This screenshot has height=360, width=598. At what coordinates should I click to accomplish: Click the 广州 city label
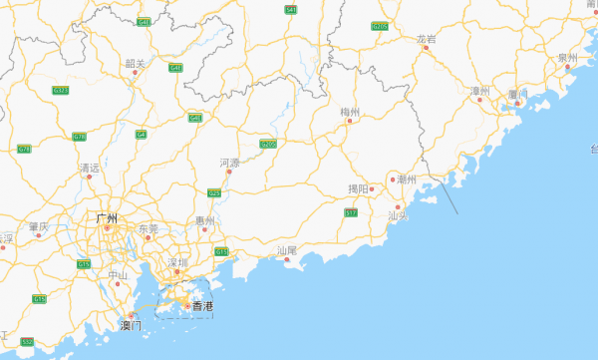click(106, 218)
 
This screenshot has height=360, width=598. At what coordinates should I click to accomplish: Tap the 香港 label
click(202, 305)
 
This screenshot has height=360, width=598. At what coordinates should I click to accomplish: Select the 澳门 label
click(131, 325)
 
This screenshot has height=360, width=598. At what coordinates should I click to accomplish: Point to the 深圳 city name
click(178, 263)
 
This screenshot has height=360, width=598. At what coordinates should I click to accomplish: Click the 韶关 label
click(136, 64)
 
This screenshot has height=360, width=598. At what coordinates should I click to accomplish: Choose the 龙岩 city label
click(426, 39)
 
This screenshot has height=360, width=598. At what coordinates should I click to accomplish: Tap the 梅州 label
click(349, 112)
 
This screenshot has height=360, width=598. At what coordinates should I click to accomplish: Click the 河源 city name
click(229, 162)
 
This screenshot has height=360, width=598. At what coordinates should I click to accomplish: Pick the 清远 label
click(90, 169)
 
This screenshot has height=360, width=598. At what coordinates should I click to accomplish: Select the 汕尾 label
click(287, 250)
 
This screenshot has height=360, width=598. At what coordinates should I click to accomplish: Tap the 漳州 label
click(480, 91)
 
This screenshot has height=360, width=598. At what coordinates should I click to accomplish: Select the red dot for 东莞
click(148, 237)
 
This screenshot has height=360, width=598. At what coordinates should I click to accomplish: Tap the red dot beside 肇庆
click(39, 235)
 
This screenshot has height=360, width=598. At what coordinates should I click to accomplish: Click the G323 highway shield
click(61, 91)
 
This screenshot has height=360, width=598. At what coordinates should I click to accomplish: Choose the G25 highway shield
click(213, 192)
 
